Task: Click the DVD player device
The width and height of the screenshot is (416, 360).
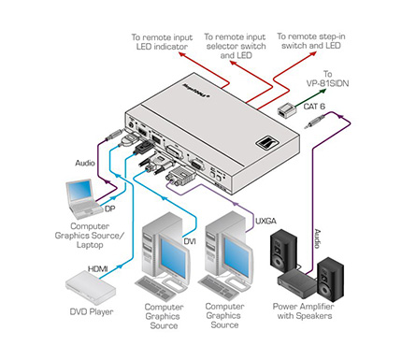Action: (91, 288)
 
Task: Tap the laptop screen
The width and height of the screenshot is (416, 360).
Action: (80, 191)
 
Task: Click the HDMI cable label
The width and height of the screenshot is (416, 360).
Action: (98, 268)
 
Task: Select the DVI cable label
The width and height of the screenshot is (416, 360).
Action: (190, 241)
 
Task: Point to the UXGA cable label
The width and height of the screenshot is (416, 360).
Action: (265, 221)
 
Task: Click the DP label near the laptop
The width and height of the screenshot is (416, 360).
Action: (109, 209)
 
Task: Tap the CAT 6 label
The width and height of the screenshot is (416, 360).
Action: (314, 107)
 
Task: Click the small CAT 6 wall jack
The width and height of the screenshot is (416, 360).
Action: (286, 110)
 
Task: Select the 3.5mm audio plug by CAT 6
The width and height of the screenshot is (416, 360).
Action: (315, 122)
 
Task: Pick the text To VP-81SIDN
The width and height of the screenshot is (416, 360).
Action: (327, 79)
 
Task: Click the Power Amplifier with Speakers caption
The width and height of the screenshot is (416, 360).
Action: (304, 311)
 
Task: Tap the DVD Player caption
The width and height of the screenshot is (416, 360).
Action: (92, 311)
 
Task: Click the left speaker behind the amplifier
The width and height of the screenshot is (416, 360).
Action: (283, 250)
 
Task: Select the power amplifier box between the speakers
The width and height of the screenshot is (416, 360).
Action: (297, 283)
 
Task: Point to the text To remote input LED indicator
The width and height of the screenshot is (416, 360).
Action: (162, 42)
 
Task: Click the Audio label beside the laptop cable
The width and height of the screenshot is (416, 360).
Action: (85, 163)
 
